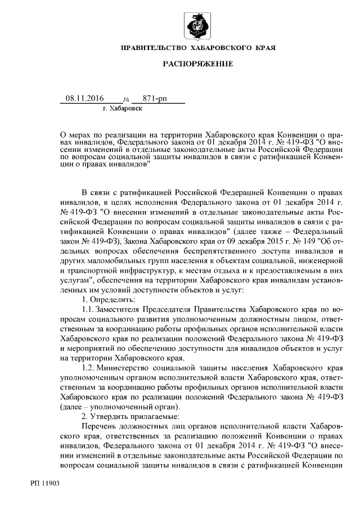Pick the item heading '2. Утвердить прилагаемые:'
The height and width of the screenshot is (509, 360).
coord(123,416)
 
